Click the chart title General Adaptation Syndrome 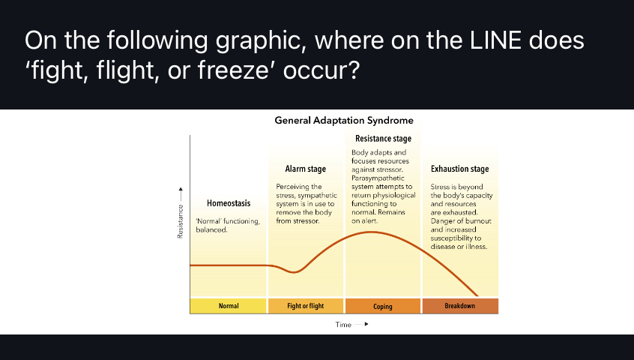pyautogui.click(x=344, y=120)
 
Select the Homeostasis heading pyautogui.click(x=229, y=203)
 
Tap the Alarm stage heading pyautogui.click(x=304, y=169)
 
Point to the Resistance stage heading pyautogui.click(x=383, y=139)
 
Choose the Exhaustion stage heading pyautogui.click(x=459, y=169)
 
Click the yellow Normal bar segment pyautogui.click(x=229, y=306)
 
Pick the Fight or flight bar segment pyautogui.click(x=306, y=306)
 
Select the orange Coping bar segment pyautogui.click(x=383, y=306)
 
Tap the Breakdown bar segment pyautogui.click(x=459, y=306)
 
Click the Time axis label pyautogui.click(x=343, y=325)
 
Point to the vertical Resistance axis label pyautogui.click(x=181, y=223)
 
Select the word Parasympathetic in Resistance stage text pyautogui.click(x=376, y=178)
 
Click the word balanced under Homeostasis pyautogui.click(x=211, y=229)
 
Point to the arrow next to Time pyautogui.click(x=366, y=325)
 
